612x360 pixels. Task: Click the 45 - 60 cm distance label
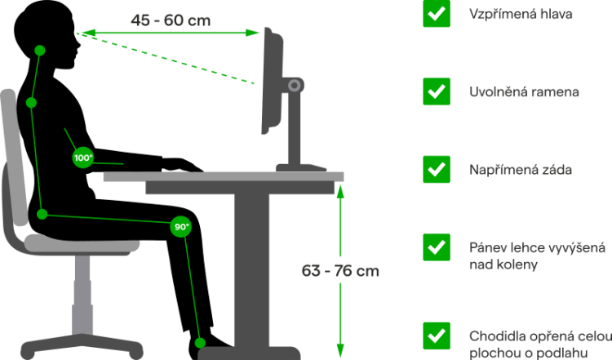pos(171,19)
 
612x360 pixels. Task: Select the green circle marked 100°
pos(83,158)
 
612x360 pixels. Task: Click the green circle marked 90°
pos(180,226)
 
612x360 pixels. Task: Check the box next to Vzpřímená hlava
pos(437,14)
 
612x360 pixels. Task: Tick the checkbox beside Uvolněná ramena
pos(437,91)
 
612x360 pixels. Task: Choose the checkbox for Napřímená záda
pos(437,169)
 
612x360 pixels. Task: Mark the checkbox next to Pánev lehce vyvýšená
pos(437,247)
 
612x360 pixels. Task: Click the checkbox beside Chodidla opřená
pos(437,336)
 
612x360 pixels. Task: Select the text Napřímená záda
pos(520,170)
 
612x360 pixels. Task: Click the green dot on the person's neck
pos(39,51)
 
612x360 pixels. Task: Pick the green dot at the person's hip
pos(42,215)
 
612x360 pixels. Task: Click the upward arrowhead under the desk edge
pos(340,193)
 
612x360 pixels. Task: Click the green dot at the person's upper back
pos(30,103)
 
